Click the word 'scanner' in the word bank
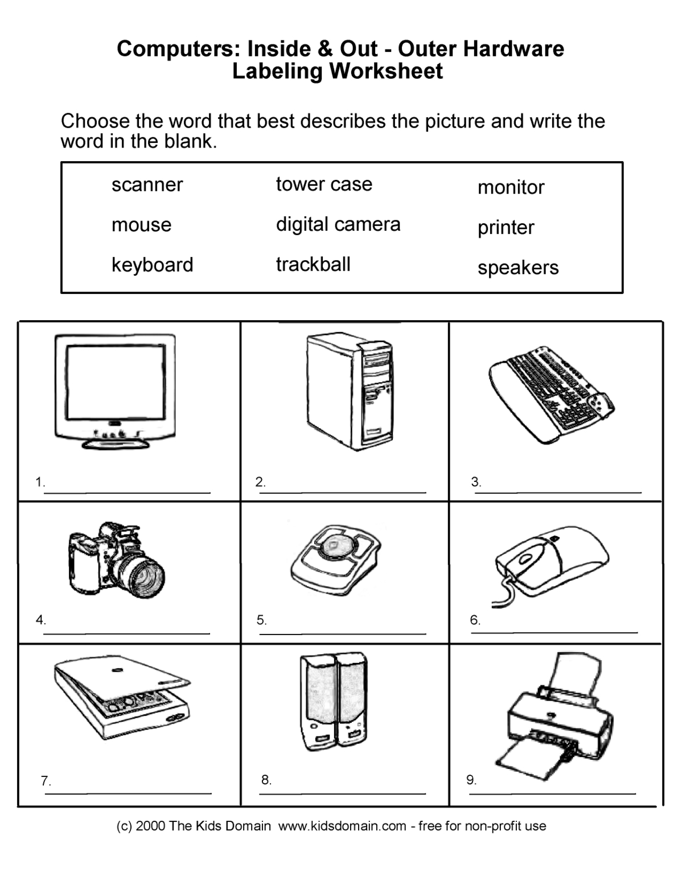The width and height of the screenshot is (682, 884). click(147, 185)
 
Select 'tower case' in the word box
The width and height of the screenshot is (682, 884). click(324, 184)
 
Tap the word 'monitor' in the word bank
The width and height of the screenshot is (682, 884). click(511, 187)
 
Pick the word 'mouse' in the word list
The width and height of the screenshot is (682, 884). click(141, 224)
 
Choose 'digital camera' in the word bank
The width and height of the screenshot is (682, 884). click(338, 224)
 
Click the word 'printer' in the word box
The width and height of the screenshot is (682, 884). click(506, 227)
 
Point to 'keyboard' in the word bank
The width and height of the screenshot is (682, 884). click(152, 264)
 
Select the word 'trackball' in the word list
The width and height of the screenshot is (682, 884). click(313, 264)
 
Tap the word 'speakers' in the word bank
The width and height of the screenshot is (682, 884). click(518, 267)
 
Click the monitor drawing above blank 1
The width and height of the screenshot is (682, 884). click(115, 390)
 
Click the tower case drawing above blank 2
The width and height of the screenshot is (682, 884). click(350, 393)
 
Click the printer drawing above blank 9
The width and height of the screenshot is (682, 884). click(558, 718)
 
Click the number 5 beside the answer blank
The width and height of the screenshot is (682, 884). click(261, 620)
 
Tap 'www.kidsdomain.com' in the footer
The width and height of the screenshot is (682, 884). click(342, 826)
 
